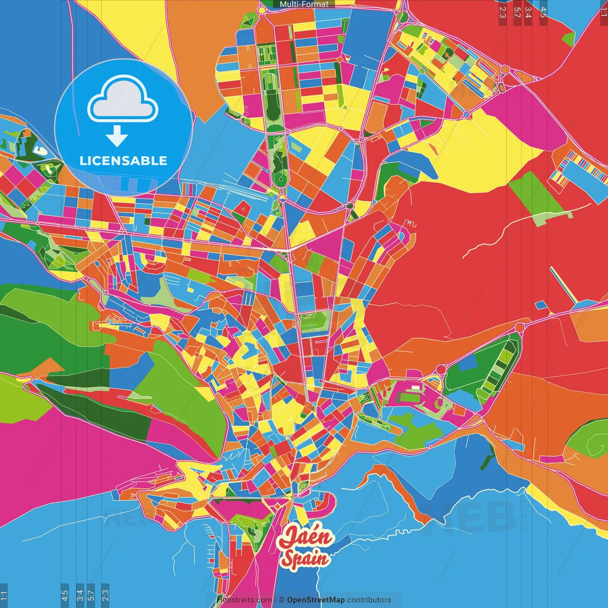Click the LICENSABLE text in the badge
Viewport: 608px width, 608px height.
[x=123, y=161]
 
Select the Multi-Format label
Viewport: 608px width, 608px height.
[x=304, y=4]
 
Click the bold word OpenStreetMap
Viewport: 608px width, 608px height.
[x=316, y=600]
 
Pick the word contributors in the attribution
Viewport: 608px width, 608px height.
[x=369, y=600]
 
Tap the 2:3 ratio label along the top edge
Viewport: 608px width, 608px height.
[x=503, y=12]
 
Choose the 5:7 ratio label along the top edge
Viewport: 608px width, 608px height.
[x=517, y=12]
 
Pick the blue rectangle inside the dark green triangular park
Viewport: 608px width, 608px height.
[x=467, y=362]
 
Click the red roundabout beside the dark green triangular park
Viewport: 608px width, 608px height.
[x=441, y=369]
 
